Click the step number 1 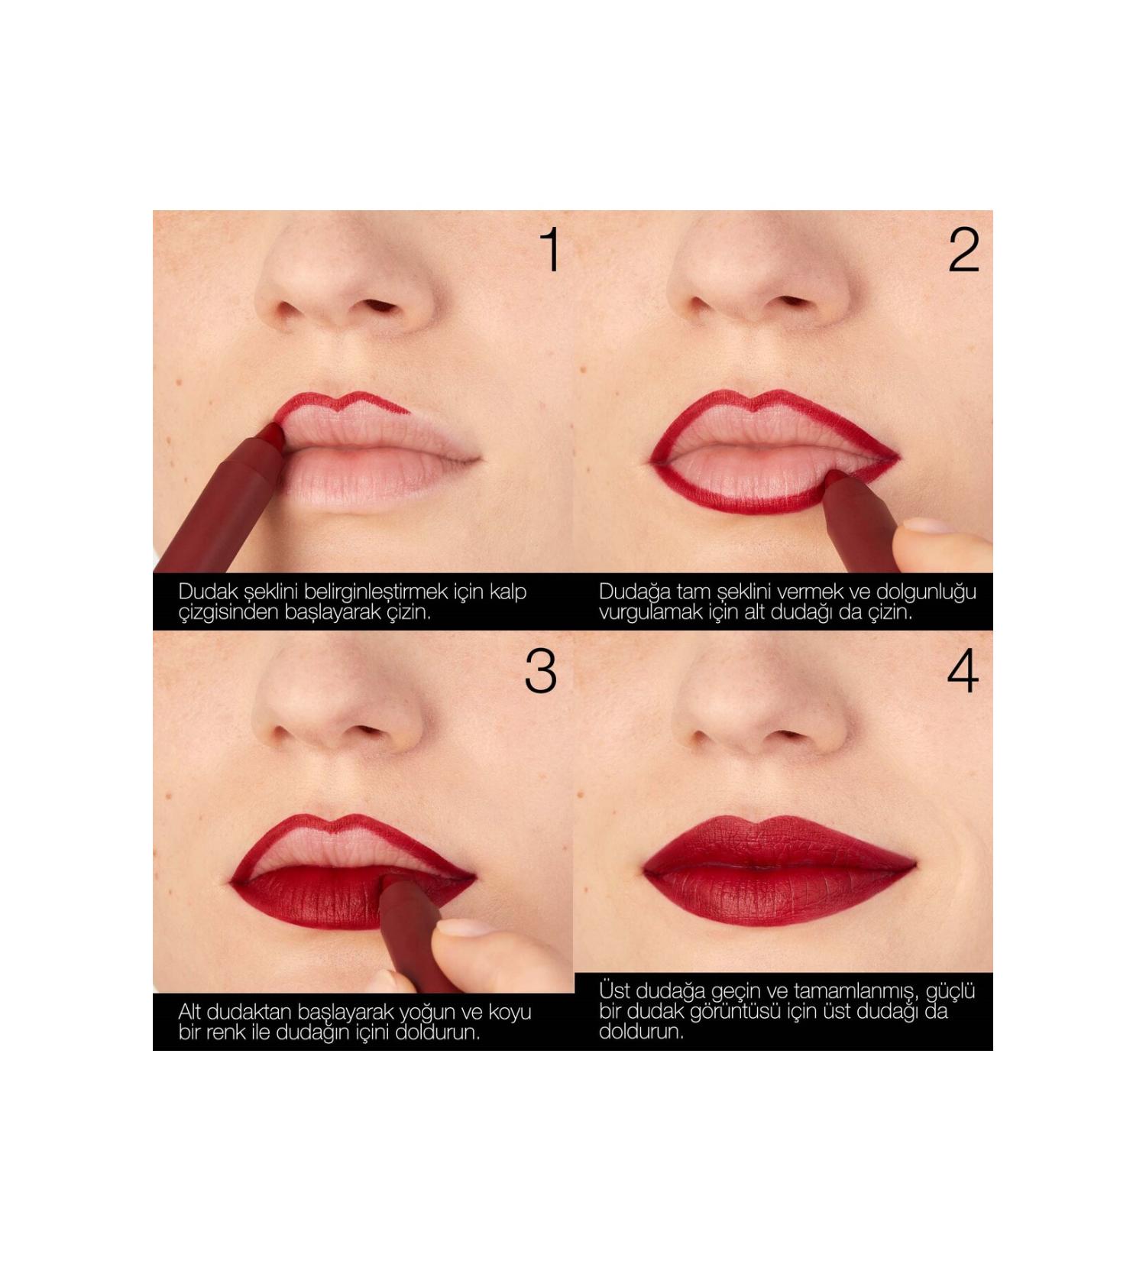coord(551,250)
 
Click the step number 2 coord(963,250)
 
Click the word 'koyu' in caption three coord(508,1013)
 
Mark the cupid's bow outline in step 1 coord(344,402)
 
